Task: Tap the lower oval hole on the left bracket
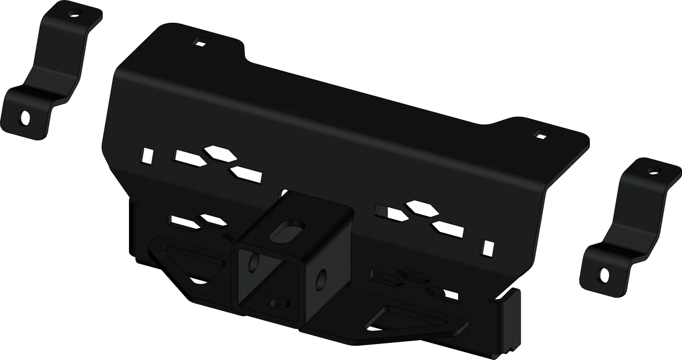pos(26,118)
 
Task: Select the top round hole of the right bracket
pos(653,171)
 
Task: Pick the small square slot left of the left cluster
pos(148,154)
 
